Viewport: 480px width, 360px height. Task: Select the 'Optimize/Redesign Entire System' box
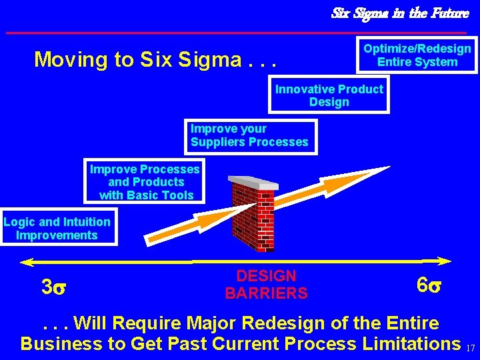pyautogui.click(x=417, y=55)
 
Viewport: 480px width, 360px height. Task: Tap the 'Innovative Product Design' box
pyautogui.click(x=329, y=95)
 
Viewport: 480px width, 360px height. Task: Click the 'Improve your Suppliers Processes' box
pyautogui.click(x=249, y=135)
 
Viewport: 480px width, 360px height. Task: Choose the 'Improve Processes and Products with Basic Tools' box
pyautogui.click(x=145, y=182)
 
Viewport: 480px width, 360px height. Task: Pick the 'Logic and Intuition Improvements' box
pyautogui.click(x=57, y=228)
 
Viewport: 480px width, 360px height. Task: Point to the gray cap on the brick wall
pyautogui.click(x=253, y=182)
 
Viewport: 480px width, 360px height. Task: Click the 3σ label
pyautogui.click(x=53, y=287)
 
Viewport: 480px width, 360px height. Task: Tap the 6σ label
pyautogui.click(x=428, y=285)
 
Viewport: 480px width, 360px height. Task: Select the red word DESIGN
pyautogui.click(x=266, y=276)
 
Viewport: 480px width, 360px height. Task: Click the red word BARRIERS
pyautogui.click(x=266, y=293)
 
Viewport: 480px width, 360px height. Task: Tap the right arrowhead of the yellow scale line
pyautogui.click(x=445, y=261)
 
